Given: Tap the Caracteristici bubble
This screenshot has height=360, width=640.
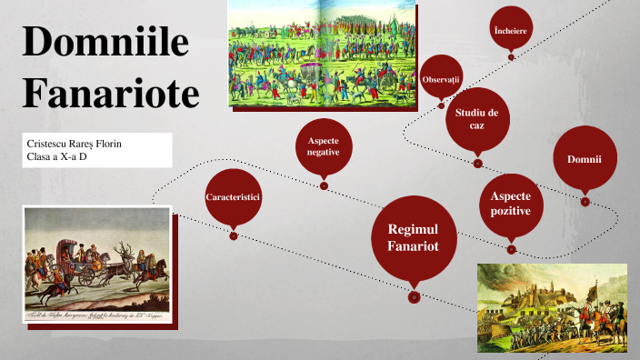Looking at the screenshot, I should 234,196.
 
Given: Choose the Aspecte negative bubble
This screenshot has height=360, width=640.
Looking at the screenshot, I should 324,147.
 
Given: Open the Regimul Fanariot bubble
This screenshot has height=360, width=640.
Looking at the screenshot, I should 414,238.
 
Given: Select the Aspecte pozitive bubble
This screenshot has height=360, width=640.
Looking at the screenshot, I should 511,204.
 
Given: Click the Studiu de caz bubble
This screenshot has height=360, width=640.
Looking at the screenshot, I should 477,118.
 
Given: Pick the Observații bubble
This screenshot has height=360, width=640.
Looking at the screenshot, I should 442,81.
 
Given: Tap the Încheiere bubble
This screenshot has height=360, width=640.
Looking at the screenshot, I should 511,31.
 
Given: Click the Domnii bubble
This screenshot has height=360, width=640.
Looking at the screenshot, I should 585,159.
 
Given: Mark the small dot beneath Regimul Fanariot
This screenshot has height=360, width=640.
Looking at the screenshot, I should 414,296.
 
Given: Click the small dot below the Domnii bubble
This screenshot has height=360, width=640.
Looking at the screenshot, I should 585,201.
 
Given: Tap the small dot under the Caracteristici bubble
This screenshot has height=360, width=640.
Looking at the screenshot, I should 234,236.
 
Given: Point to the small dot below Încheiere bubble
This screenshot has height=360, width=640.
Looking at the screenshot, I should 511,57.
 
